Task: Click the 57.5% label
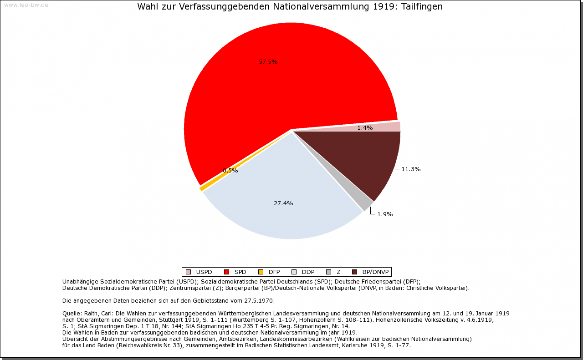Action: [268, 62]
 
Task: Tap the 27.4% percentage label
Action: [283, 203]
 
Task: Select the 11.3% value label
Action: [411, 169]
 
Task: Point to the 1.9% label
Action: [385, 214]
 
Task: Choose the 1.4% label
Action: [365, 128]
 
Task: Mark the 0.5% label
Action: [230, 171]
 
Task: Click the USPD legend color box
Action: [188, 272]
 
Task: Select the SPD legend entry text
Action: [240, 272]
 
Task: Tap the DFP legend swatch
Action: [261, 272]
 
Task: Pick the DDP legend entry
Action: [308, 272]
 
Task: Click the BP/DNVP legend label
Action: [375, 272]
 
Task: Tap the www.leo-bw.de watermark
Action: [26, 5]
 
